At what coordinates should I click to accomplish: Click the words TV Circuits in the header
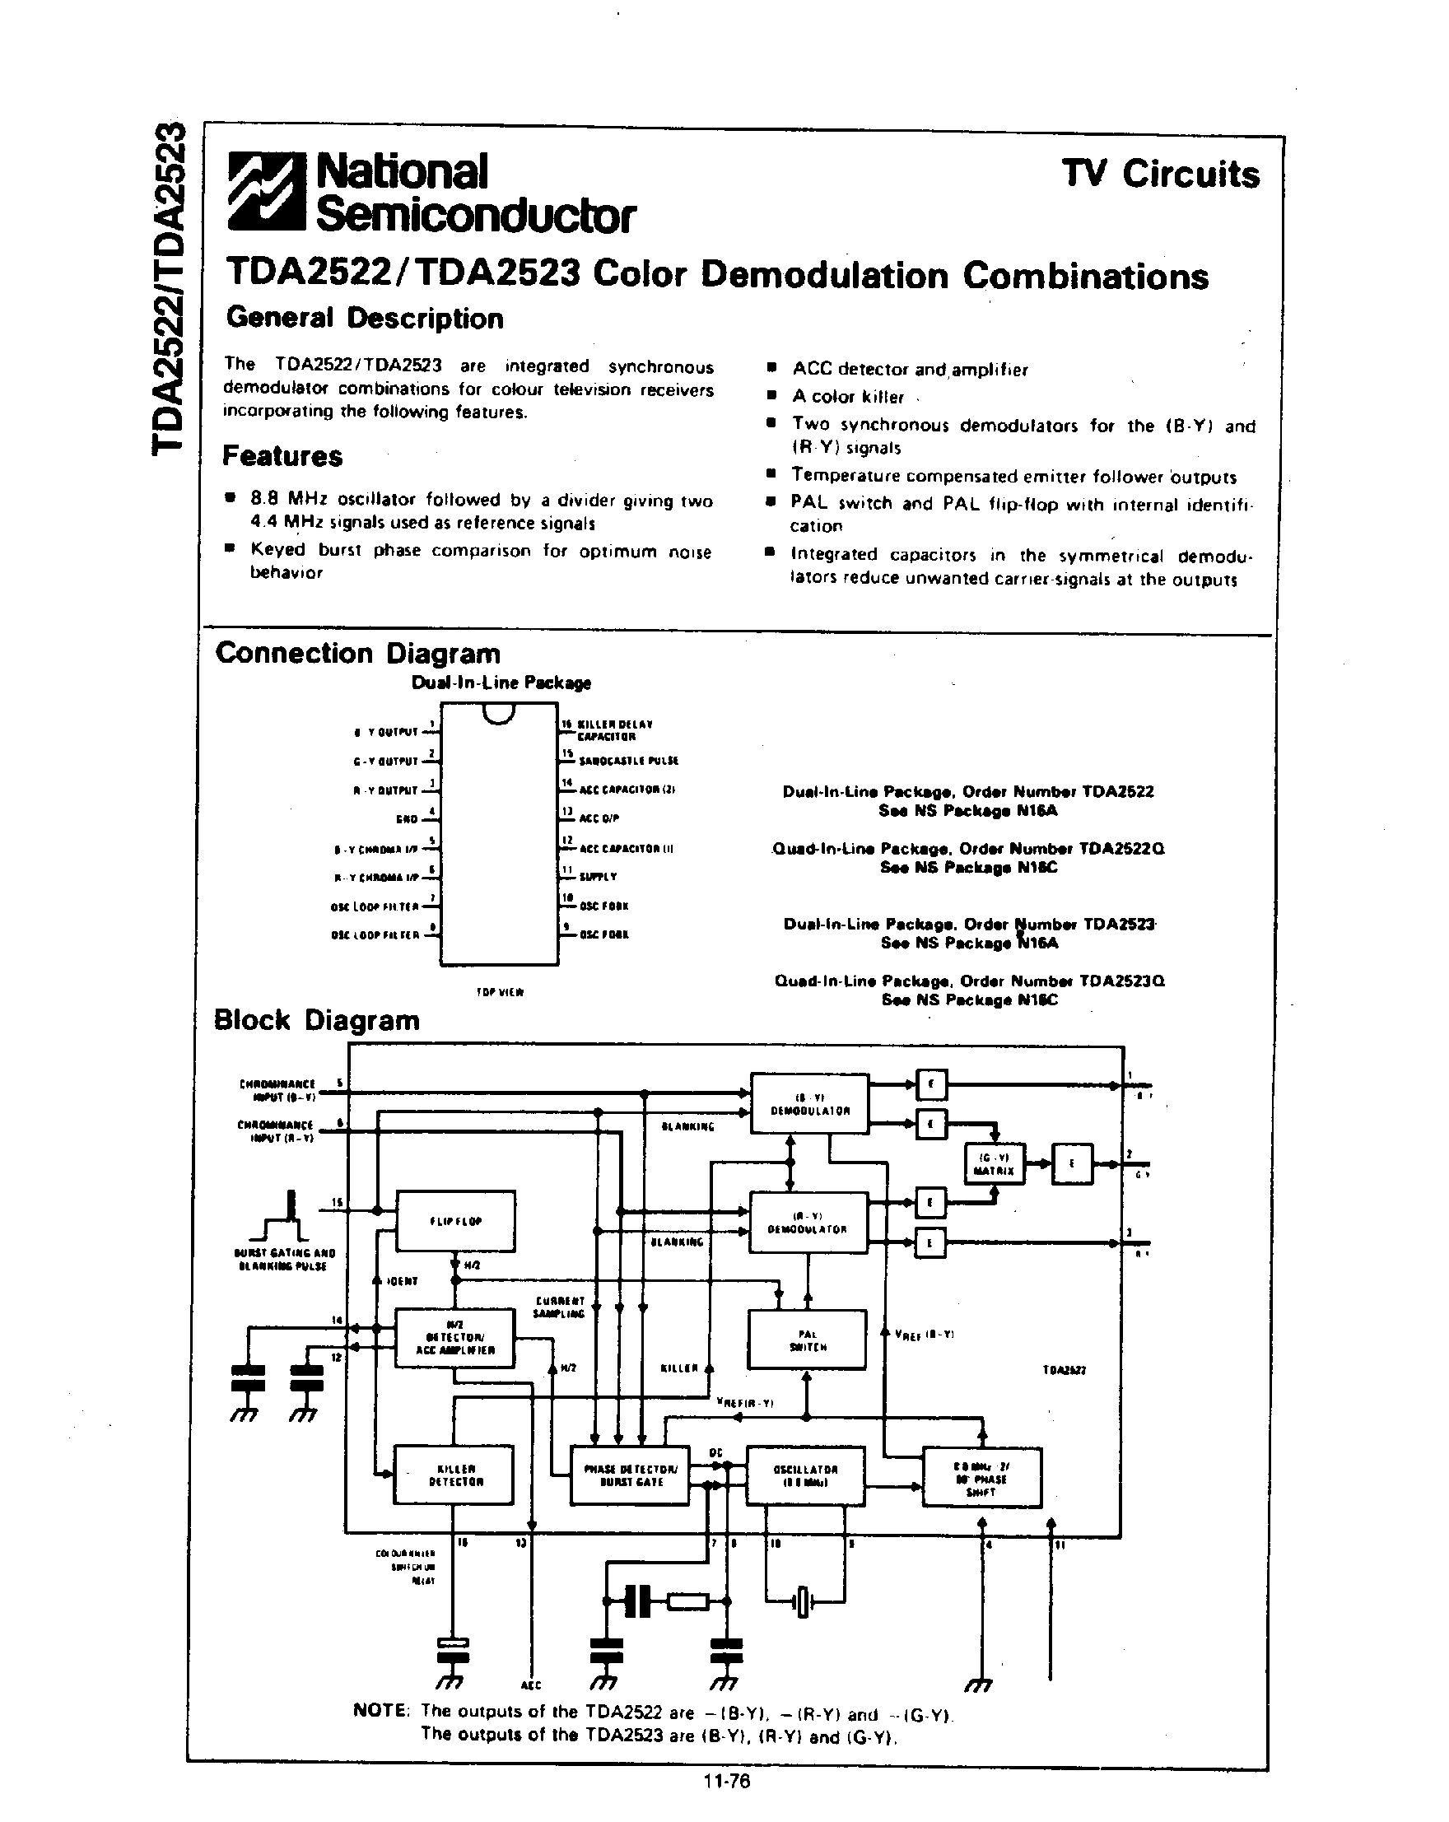(1160, 174)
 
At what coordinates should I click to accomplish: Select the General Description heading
(364, 319)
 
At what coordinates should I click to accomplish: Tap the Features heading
(282, 456)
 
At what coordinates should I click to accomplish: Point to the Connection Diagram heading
(357, 653)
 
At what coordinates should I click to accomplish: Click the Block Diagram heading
(316, 1020)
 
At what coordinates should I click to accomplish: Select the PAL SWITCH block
(807, 1340)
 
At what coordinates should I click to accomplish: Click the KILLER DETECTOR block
(454, 1475)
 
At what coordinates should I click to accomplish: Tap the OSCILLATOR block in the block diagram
(805, 1475)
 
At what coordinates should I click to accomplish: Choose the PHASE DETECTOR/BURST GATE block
(631, 1475)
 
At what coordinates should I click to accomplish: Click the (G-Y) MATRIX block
(994, 1164)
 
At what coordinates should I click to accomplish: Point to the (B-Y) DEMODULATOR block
(809, 1105)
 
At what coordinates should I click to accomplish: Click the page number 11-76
(726, 1782)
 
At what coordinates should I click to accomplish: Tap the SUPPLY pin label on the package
(598, 877)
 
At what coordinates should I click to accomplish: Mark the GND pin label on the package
(407, 819)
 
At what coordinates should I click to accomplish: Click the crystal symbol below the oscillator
(803, 1601)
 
